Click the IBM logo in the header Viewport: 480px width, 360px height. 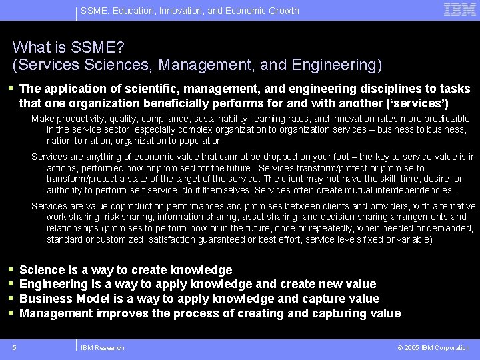tap(460, 9)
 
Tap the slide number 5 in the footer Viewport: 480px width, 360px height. tap(15, 347)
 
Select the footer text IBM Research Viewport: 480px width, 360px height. tap(102, 347)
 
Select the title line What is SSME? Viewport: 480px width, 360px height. tap(68, 47)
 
